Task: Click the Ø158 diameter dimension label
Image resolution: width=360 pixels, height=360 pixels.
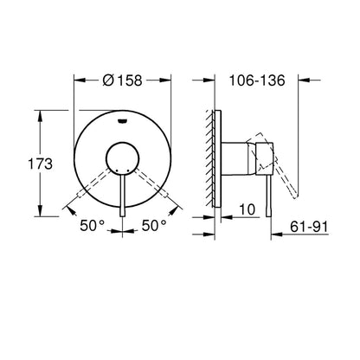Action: tap(122, 80)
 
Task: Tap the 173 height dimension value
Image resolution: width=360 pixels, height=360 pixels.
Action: tap(40, 164)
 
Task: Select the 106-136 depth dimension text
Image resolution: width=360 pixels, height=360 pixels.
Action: tap(257, 80)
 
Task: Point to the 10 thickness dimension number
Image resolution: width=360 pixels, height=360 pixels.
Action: tap(247, 209)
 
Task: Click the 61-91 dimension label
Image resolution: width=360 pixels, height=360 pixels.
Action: tap(309, 227)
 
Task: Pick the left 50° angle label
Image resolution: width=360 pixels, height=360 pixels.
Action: tap(92, 225)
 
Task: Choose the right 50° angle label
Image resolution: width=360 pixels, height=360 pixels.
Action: tap(154, 225)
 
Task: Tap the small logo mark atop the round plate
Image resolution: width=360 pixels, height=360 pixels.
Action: tap(123, 120)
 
